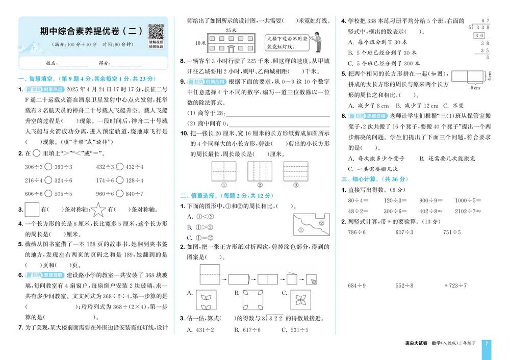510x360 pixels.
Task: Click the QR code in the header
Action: click(x=156, y=32)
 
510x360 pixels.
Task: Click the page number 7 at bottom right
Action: click(x=487, y=343)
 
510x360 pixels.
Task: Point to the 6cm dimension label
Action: click(x=474, y=88)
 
